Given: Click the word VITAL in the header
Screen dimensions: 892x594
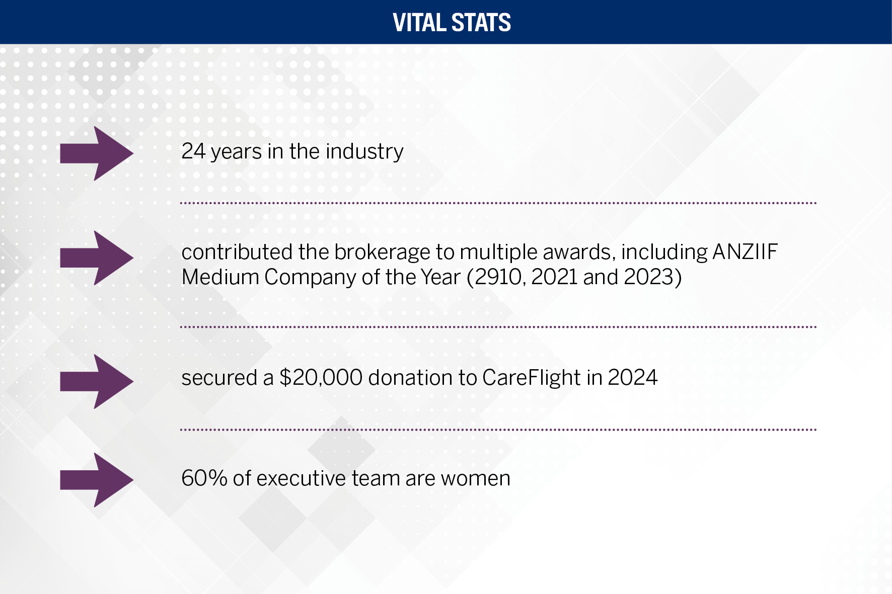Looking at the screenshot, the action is [x=419, y=23].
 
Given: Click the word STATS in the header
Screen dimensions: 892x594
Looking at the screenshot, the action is [x=481, y=23].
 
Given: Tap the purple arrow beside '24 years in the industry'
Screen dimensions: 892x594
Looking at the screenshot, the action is [x=97, y=153].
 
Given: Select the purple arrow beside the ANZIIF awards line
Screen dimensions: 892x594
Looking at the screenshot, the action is [x=97, y=258].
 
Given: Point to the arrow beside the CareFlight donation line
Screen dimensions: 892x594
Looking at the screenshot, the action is [x=97, y=381].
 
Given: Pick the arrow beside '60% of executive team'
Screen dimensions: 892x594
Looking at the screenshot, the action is [x=97, y=480].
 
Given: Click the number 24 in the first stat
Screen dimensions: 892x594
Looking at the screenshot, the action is [x=193, y=151].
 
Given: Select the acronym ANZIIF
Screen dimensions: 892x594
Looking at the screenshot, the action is [x=745, y=252].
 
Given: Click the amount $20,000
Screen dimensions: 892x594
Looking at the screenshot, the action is [x=321, y=378].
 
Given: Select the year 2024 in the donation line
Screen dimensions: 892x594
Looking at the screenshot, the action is [x=632, y=378].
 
